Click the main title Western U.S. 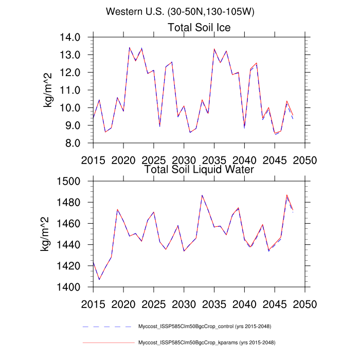point(180,11)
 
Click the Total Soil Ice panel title point(199,27)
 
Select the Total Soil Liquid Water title point(199,169)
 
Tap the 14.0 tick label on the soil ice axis point(70,38)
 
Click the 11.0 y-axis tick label point(70,91)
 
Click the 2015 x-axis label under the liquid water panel point(93,302)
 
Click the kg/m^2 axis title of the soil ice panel point(49,90)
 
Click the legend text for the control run point(205,327)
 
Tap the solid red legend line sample point(107,343)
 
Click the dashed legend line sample point(107,327)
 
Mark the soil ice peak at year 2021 point(129,47)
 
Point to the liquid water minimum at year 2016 point(99,280)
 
